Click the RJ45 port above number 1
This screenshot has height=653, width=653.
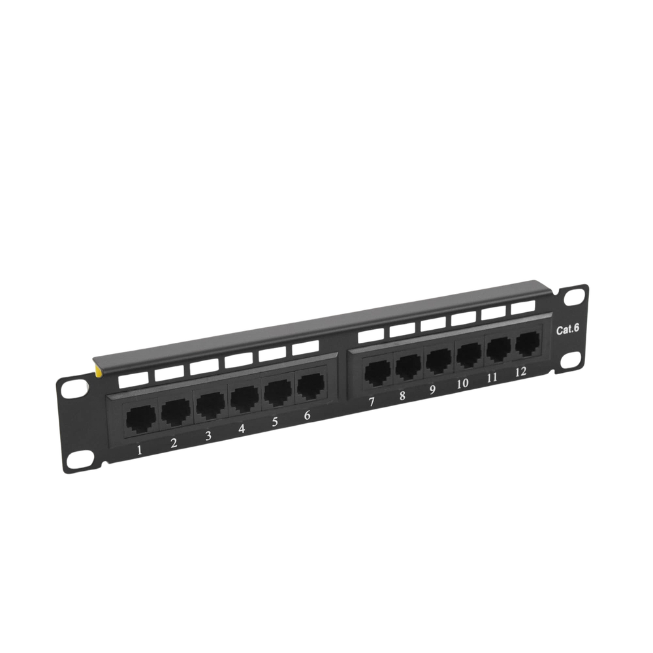141,418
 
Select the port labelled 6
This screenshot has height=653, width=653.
310,386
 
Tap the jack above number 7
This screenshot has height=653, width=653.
377,373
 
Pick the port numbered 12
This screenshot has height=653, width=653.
527,344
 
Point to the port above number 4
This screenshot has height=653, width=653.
245,398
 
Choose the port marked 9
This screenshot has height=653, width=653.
439,360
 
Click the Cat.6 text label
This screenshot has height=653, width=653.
567,329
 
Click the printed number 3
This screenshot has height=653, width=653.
208,436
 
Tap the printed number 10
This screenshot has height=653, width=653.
462,383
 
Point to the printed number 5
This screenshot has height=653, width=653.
274,422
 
